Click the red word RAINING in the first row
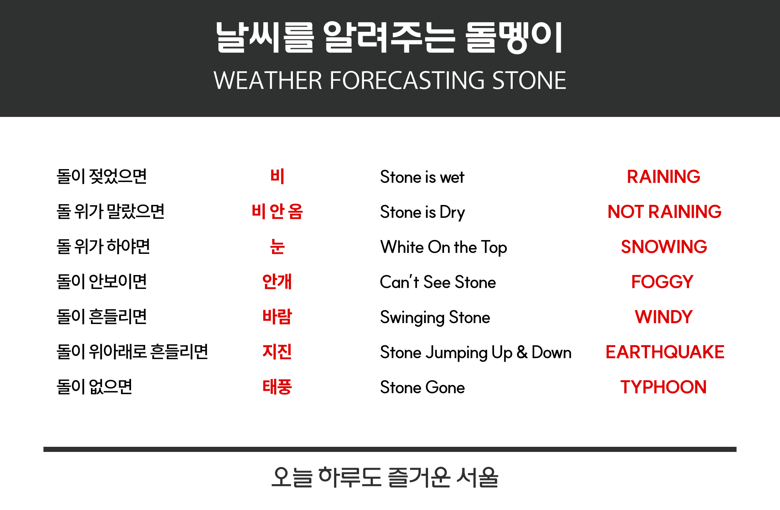pos(664,177)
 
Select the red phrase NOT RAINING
pos(664,212)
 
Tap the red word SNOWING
pos(664,247)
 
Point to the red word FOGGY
pos(662,282)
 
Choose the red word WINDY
pos(664,317)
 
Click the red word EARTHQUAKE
pos(665,352)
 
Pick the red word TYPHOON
pos(664,387)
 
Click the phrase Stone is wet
pos(422,177)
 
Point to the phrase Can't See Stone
pos(438,282)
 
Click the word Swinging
pos(412,318)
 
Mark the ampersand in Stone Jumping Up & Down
pos(522,353)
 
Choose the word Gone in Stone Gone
pos(445,388)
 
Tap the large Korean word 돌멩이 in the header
pos(514,38)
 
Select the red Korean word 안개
pos(277,282)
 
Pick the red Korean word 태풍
pos(277,387)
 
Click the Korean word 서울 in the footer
pos(477,477)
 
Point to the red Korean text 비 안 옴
pos(277,212)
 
